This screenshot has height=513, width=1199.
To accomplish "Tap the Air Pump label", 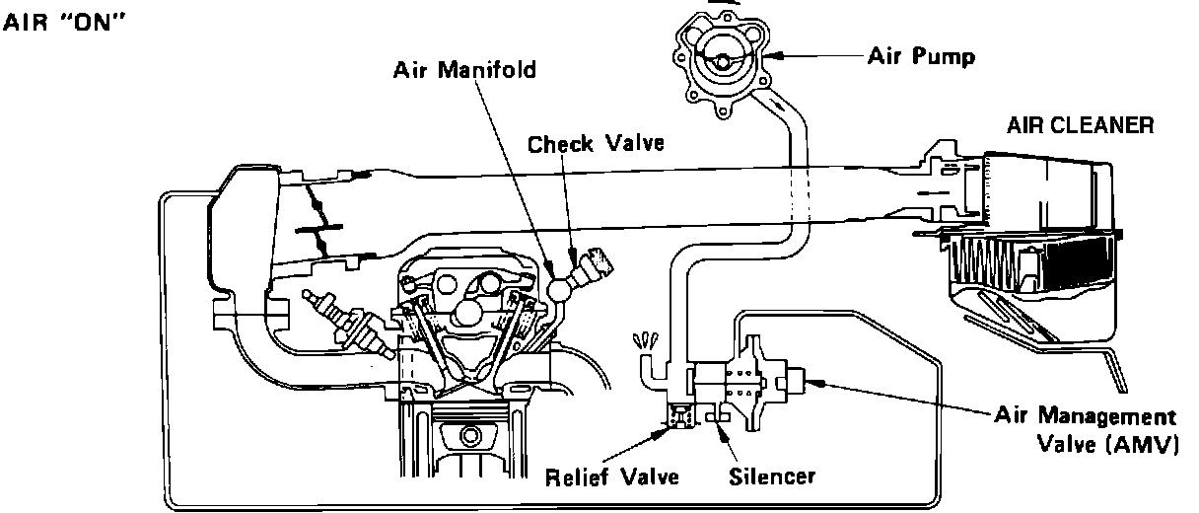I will (x=921, y=56).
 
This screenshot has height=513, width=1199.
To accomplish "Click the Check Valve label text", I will (x=596, y=144).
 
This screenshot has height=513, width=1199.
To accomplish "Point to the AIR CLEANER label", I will (x=1079, y=126).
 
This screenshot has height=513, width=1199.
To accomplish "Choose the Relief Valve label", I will (x=612, y=477).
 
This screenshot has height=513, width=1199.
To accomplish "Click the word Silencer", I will (x=772, y=477).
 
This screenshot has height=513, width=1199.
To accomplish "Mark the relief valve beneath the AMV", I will (x=677, y=418).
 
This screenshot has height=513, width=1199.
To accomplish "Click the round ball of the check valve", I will (x=564, y=290).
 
